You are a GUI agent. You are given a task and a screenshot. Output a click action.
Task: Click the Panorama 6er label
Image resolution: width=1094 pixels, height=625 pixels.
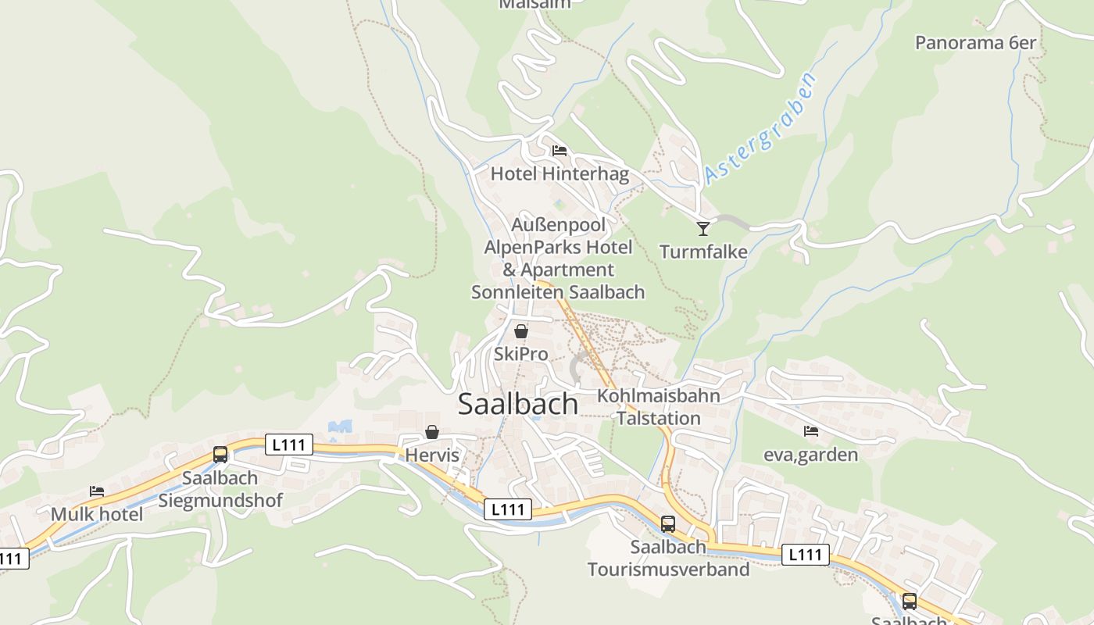975,43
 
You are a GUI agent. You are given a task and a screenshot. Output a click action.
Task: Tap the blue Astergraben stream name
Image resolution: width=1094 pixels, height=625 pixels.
760,129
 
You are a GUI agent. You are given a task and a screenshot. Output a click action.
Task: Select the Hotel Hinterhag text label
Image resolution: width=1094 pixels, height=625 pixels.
560,174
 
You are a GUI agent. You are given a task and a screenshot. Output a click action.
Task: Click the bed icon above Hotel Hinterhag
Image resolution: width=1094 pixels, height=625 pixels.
559,151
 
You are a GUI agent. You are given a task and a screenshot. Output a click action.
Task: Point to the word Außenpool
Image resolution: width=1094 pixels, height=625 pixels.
559,226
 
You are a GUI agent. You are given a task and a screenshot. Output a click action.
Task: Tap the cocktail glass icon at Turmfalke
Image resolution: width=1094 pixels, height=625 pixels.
703,229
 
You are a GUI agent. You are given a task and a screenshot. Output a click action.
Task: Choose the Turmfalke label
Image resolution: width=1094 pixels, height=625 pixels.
703,252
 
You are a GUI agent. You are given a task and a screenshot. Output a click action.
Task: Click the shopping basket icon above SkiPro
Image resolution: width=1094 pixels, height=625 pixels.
521,331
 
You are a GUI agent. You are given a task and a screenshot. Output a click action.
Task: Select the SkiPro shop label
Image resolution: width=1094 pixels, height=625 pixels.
521,355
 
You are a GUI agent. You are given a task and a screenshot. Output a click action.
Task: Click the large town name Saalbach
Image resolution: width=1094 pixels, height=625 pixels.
518,404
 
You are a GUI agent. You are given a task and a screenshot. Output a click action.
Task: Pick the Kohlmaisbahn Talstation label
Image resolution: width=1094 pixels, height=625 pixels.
659,407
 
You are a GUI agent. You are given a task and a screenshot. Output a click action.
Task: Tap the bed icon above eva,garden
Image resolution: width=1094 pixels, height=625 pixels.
811,431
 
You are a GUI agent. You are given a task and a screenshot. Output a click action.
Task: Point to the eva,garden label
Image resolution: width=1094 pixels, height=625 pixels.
811,455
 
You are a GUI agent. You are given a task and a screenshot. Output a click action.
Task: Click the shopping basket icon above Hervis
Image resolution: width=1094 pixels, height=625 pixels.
432,432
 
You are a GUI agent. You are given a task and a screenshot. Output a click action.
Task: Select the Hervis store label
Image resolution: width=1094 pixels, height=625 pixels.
432,455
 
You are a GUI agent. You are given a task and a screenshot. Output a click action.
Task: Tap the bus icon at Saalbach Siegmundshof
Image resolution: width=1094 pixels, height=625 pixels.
220,455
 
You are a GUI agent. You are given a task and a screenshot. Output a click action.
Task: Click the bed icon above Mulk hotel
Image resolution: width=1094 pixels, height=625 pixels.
97,491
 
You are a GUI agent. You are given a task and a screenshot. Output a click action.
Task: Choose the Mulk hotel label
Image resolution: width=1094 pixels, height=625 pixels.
97,515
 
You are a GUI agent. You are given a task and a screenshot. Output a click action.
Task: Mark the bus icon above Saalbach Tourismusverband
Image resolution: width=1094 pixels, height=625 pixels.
668,524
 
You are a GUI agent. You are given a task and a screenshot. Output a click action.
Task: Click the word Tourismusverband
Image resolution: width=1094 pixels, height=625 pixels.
668,570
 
